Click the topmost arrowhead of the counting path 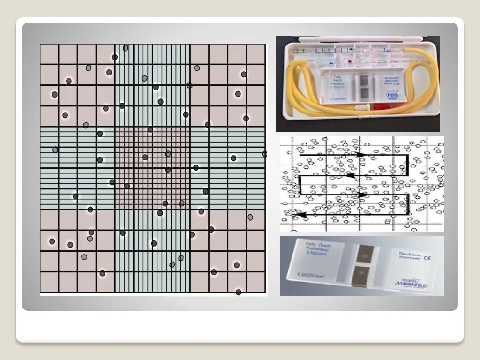click(360, 154)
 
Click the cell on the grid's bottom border click(239, 292)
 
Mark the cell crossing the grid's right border click(264, 154)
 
